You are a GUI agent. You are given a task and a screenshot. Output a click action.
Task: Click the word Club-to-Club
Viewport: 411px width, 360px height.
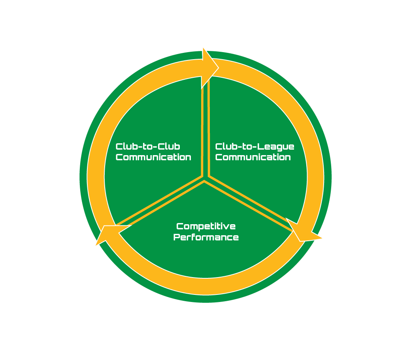click(148, 147)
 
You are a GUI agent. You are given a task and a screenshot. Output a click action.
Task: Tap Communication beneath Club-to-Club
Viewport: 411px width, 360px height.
click(153, 157)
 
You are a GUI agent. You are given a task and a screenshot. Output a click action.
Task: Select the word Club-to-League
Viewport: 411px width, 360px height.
click(255, 147)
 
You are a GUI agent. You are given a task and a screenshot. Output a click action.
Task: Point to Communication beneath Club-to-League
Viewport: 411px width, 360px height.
click(253, 157)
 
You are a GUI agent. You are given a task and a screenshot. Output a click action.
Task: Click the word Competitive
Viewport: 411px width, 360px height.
click(206, 227)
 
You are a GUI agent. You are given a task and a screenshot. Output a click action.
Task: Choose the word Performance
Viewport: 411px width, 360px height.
click(206, 237)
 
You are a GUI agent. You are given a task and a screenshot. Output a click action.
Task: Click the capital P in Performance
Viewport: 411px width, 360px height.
click(177, 237)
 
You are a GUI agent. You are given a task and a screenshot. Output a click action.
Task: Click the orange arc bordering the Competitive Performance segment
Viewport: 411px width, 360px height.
click(205, 286)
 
